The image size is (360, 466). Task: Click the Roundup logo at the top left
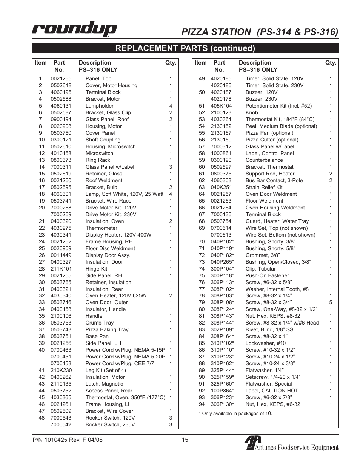pyautogui.click(x=74, y=29)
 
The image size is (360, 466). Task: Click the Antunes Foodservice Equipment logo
pyautogui.click(x=291, y=443)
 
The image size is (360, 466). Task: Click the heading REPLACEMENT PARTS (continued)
pyautogui.click(x=185, y=48)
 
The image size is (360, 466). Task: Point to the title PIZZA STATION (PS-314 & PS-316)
pyautogui.click(x=260, y=32)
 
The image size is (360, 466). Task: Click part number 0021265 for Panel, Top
pyautogui.click(x=61, y=78)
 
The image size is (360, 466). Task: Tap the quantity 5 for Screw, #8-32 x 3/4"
pyautogui.click(x=331, y=302)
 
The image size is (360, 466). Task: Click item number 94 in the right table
pyautogui.click(x=202, y=404)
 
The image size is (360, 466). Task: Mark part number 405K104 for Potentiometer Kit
pyautogui.click(x=221, y=106)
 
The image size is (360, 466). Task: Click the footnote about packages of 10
pyautogui.click(x=235, y=413)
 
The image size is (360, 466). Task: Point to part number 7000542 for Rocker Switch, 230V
pyautogui.click(x=61, y=424)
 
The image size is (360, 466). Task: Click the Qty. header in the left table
pyautogui.click(x=171, y=63)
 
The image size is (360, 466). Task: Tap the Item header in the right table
pyautogui.click(x=200, y=63)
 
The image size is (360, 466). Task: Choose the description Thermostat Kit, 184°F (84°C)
pyautogui.click(x=280, y=119)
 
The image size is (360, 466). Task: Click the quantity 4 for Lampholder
pyautogui.click(x=171, y=106)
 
